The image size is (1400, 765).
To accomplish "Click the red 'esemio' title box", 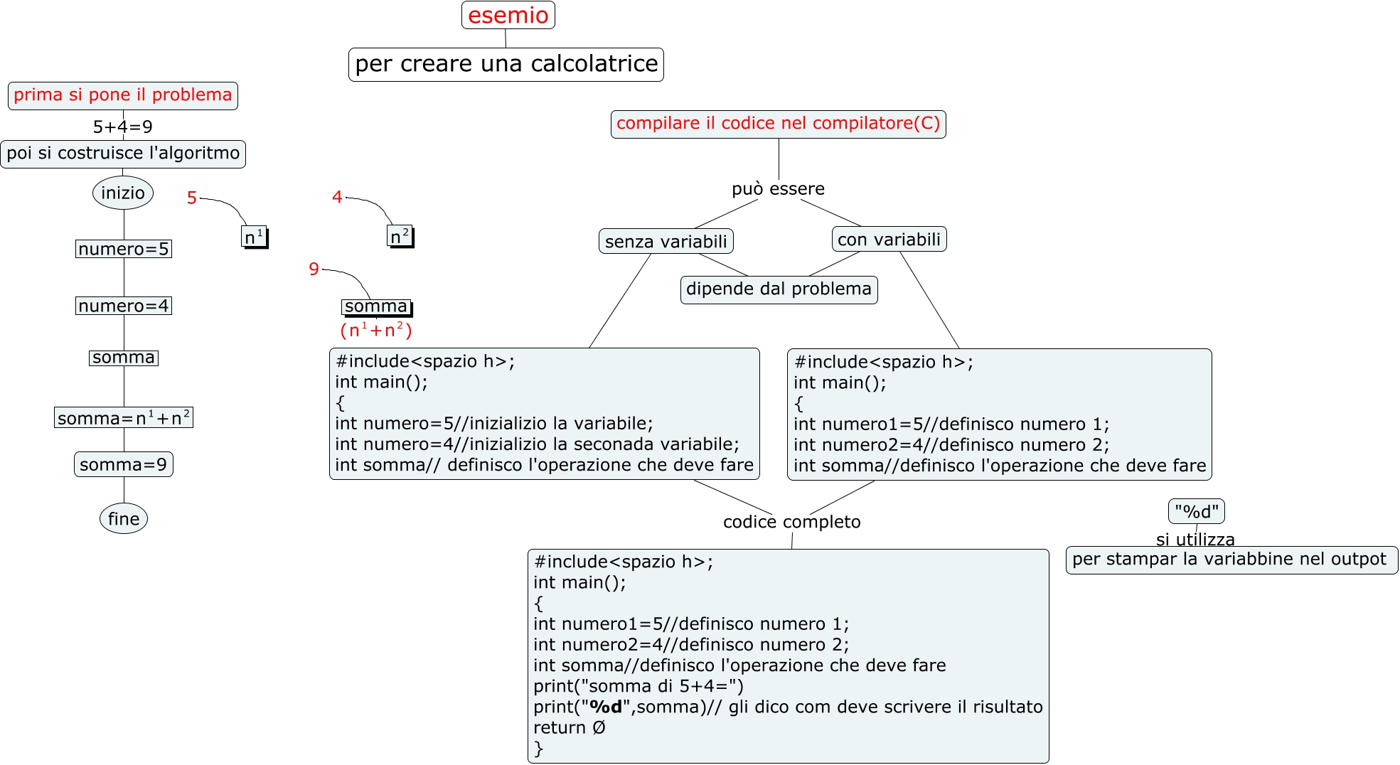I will click(x=508, y=15).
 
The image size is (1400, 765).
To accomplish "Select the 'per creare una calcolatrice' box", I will click(x=506, y=64).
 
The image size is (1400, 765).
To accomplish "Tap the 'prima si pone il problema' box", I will click(x=122, y=95).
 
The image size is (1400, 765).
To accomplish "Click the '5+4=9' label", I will click(x=122, y=127).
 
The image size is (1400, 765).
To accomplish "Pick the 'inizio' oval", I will click(x=122, y=193).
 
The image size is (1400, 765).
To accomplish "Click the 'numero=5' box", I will click(x=123, y=249).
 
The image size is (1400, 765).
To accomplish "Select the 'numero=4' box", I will click(x=123, y=306).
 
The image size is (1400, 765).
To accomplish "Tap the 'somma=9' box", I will click(x=123, y=464).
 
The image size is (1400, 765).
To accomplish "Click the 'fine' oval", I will click(x=123, y=519).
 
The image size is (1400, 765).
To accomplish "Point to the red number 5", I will click(x=191, y=198).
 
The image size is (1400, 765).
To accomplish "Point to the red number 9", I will click(x=314, y=269).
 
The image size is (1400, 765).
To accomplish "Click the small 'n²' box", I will click(x=400, y=236).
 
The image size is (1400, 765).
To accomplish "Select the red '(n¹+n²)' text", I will click(x=376, y=330).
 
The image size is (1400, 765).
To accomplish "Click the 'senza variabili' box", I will click(x=666, y=241).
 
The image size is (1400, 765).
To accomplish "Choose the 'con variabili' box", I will click(x=889, y=240).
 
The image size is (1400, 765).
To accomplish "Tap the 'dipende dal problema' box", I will click(x=779, y=289).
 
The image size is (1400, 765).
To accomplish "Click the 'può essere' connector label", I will click(x=778, y=188).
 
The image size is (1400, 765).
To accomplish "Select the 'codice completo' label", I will click(x=791, y=522).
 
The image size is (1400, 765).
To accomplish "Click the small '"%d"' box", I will click(x=1196, y=511).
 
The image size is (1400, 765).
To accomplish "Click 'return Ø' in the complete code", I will click(x=570, y=728).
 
